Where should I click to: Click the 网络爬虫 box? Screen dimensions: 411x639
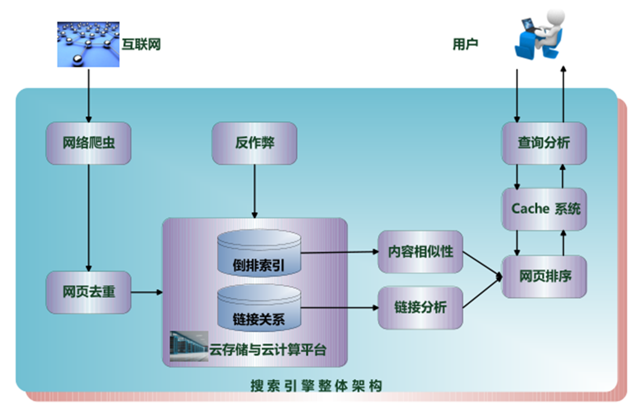89,143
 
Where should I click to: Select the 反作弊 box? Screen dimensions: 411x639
255,143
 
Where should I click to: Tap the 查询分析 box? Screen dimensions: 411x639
544,143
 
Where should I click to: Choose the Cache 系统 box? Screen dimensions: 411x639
544,209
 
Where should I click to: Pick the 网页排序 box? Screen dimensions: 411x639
544,276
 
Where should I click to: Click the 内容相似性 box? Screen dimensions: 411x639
420,252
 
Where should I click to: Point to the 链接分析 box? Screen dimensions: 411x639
420,307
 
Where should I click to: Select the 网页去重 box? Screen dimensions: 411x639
89,292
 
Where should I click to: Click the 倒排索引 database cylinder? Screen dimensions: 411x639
259,254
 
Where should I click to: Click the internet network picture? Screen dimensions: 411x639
88,44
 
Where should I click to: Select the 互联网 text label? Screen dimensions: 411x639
141,45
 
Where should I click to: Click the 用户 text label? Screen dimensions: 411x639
465,45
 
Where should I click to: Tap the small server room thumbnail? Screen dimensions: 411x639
189,347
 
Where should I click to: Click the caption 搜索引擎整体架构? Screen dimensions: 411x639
316,386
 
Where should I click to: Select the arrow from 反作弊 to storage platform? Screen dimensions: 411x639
255,191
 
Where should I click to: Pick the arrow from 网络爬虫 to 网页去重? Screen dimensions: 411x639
89,217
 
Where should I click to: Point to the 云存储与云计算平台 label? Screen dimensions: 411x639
268,349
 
